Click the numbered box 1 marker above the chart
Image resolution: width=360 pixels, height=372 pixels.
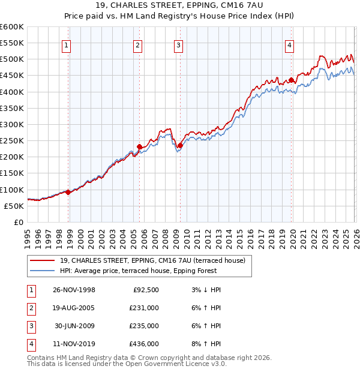click(66, 45)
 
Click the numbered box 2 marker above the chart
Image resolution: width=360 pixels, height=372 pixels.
click(137, 45)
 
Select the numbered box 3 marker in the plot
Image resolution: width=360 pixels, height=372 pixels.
click(179, 45)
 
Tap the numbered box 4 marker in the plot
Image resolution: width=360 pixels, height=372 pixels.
click(289, 45)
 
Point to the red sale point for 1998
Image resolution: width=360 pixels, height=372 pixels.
click(68, 192)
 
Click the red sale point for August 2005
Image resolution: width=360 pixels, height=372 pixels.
click(139, 146)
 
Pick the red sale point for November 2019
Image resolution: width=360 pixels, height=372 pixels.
click(291, 80)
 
